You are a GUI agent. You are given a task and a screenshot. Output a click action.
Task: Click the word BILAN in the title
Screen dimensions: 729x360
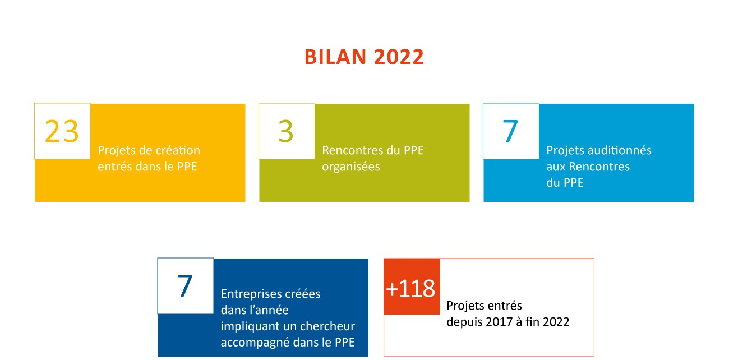click(335, 57)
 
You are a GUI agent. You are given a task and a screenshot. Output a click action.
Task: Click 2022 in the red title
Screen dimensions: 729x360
click(399, 57)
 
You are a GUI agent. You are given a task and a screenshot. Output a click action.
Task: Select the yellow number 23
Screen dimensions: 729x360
click(62, 131)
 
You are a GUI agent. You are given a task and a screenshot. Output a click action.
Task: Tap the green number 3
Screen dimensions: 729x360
click(286, 131)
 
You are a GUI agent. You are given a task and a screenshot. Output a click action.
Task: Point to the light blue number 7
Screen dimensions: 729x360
click(510, 131)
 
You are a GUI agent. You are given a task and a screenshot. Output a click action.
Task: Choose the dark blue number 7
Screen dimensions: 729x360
click(184, 286)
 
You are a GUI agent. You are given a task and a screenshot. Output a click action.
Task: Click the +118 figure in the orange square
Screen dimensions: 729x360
click(410, 288)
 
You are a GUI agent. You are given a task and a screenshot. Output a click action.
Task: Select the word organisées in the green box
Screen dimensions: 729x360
click(351, 167)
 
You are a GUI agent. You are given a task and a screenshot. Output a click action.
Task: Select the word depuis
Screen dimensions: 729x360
click(464, 322)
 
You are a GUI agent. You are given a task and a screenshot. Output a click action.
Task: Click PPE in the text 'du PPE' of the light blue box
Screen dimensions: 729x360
click(574, 183)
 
